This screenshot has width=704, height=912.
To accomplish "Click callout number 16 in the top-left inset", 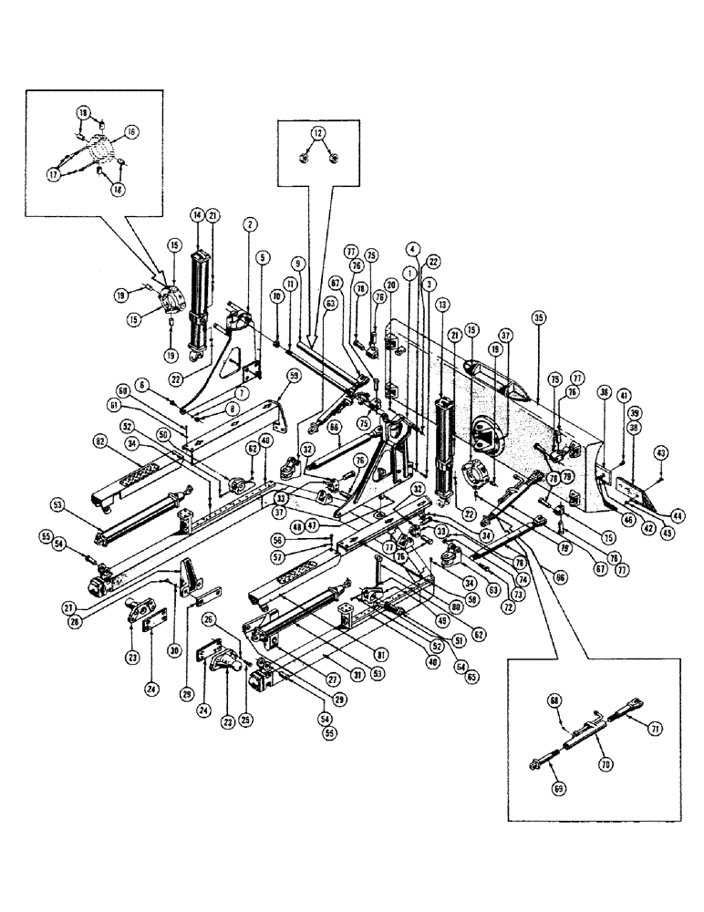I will click(132, 132).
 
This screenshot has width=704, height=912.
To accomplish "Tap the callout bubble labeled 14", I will click(196, 214).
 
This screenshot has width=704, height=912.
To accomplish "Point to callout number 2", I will click(248, 223).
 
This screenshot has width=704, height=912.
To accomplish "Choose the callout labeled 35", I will click(539, 318).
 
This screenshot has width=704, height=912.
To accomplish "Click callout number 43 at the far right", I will click(661, 453).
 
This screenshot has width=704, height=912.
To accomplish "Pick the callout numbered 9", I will click(296, 264).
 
